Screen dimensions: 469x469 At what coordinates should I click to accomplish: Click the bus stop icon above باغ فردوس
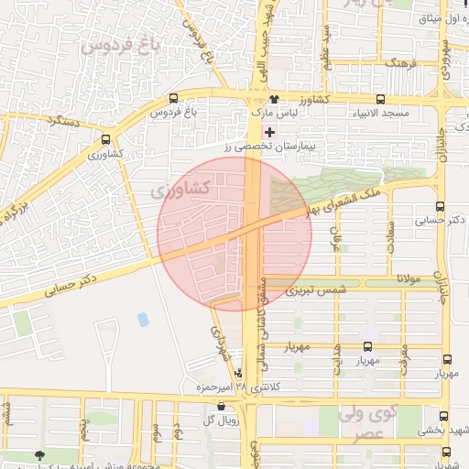pos(174,99)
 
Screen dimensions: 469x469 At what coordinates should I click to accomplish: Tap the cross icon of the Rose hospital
pos(268,133)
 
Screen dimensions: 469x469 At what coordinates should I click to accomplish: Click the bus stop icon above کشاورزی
pos(106,140)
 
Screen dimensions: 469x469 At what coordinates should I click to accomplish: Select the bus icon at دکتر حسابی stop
pos(441,206)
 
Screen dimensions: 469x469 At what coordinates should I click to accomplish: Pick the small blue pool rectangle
pos(143,319)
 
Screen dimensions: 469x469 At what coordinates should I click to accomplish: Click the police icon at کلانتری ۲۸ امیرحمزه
pos(239,374)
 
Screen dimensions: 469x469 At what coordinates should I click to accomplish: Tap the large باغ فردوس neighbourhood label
pos(118,43)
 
